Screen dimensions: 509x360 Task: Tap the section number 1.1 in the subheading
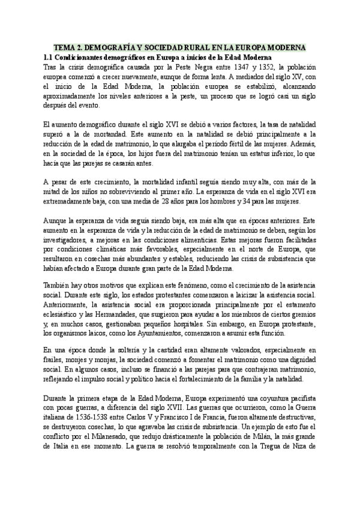pos(50,56)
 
